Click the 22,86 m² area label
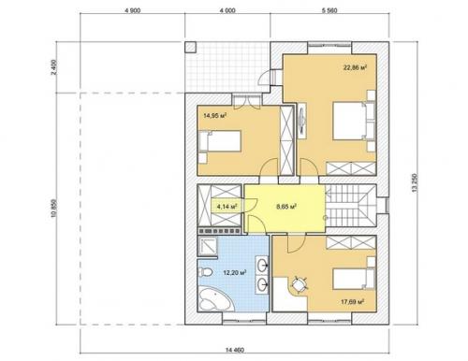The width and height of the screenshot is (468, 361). (x=355, y=67)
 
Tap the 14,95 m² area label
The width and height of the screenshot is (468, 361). (x=214, y=116)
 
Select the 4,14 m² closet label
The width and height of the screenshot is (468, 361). (x=227, y=207)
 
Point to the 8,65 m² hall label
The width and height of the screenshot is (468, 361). (x=286, y=207)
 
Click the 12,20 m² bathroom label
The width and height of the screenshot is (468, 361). (x=235, y=273)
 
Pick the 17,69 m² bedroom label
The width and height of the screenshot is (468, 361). (x=353, y=302)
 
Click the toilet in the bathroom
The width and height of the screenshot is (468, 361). (x=205, y=273)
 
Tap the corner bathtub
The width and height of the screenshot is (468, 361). (x=216, y=299)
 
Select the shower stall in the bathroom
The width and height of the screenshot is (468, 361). (x=208, y=246)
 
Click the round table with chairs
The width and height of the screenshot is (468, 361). (x=300, y=284)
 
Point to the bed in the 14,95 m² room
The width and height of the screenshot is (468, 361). (x=220, y=141)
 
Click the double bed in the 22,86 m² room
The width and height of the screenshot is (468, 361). (x=354, y=121)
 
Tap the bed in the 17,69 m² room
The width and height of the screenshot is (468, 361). (x=354, y=279)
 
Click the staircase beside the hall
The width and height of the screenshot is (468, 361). (x=351, y=205)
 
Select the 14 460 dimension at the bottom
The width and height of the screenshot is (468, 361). (x=235, y=350)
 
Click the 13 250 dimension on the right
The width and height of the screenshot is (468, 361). (x=415, y=183)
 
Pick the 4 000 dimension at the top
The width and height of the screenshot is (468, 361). (x=227, y=10)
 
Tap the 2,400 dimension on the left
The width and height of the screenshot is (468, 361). (x=54, y=67)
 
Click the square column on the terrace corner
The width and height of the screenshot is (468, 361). (x=190, y=47)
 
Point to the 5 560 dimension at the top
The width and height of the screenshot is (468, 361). (x=329, y=10)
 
